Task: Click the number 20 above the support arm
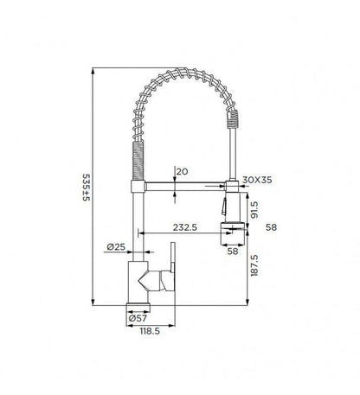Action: [x=181, y=171]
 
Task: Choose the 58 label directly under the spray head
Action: [x=233, y=251]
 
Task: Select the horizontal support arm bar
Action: [x=182, y=186]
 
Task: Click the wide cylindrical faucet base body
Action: [x=140, y=281]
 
